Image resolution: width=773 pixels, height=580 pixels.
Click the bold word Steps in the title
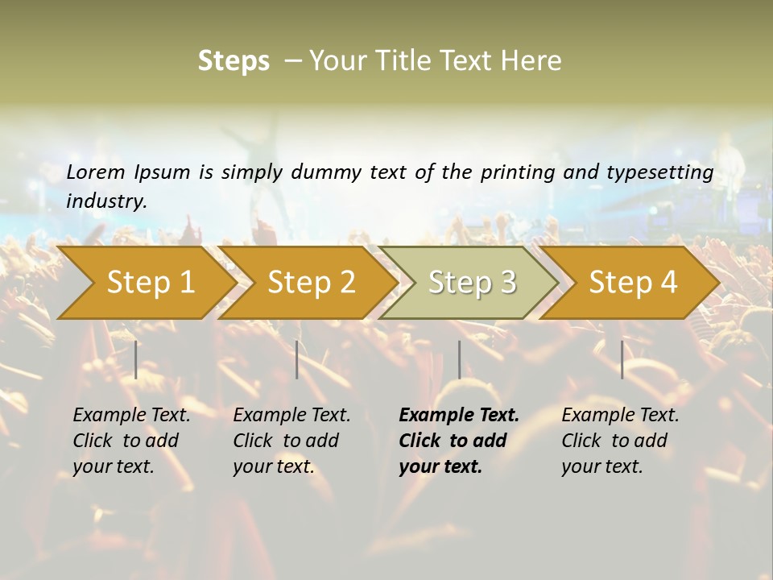point(234,61)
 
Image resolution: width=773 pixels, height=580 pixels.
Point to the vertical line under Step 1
point(136,359)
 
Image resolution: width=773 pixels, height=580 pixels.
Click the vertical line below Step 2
point(297,359)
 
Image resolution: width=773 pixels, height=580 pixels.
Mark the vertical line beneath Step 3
point(459,359)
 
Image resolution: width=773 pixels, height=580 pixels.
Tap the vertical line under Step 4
point(622,359)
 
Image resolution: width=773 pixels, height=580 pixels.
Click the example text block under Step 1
point(131,441)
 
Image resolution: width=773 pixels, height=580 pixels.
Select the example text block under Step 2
point(291,441)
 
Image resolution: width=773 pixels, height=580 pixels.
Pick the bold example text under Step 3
point(458,441)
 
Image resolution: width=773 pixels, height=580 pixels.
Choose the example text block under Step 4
point(620,441)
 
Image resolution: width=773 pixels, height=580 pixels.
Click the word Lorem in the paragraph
point(95,172)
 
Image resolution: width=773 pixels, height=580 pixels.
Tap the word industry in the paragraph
point(105,201)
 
